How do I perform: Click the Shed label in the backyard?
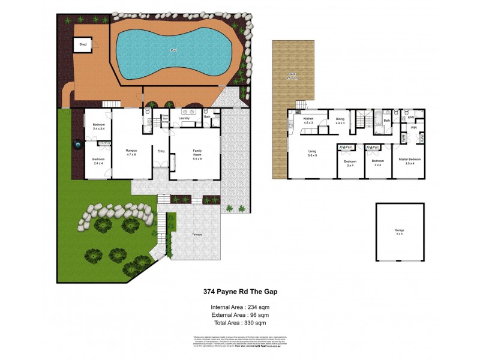click(x=82, y=43)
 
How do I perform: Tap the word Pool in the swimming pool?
click(x=175, y=50)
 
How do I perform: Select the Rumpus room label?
click(x=131, y=152)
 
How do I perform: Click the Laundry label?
click(x=184, y=118)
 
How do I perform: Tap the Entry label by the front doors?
click(x=161, y=151)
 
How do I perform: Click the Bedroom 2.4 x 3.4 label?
click(x=98, y=126)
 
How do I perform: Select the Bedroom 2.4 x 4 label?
click(x=98, y=161)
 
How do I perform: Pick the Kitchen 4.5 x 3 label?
click(x=308, y=121)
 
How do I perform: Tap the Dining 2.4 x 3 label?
click(x=340, y=121)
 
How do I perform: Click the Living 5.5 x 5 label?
click(x=312, y=154)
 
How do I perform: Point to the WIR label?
click(x=414, y=128)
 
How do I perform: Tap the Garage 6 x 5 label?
click(x=400, y=232)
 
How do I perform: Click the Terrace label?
click(x=197, y=234)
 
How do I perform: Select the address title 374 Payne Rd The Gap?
click(x=239, y=292)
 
